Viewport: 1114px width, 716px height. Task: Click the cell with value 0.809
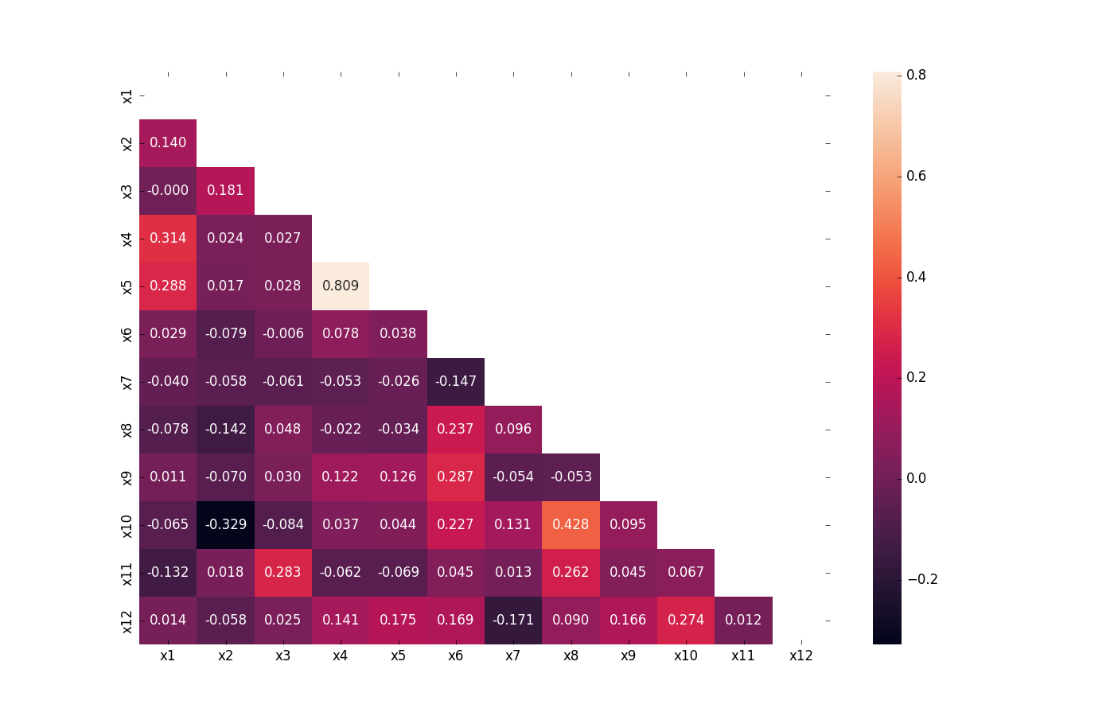click(x=341, y=286)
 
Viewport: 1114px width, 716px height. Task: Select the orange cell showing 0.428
click(x=571, y=525)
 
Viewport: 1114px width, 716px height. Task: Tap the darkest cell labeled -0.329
click(x=225, y=525)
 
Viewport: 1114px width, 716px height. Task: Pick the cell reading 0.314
click(x=168, y=239)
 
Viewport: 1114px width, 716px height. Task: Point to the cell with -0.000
click(x=168, y=191)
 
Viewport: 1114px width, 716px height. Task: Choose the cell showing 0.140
click(x=168, y=143)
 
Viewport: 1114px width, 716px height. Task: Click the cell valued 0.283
click(x=282, y=573)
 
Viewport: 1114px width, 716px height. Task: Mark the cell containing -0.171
click(x=513, y=621)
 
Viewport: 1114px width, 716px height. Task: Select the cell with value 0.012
click(x=743, y=621)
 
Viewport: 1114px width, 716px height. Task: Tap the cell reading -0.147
click(x=456, y=382)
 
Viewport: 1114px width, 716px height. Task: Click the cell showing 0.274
click(x=686, y=621)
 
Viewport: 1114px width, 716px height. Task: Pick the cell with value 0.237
click(x=456, y=430)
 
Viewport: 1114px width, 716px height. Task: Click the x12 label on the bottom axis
click(x=800, y=656)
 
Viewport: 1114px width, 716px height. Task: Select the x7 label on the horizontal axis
click(x=513, y=656)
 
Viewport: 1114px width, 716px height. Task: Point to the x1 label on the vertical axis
click(x=127, y=96)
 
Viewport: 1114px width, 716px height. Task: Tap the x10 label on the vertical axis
click(x=127, y=526)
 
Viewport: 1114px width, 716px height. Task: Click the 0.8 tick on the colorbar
click(x=916, y=76)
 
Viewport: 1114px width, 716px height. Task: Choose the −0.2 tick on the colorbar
click(x=922, y=579)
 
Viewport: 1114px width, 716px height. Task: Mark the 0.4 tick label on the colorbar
click(x=916, y=277)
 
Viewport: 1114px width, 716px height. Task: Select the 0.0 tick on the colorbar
click(x=916, y=478)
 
